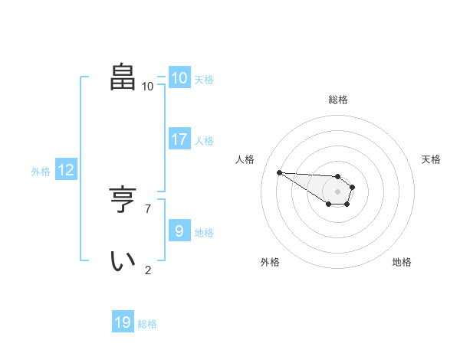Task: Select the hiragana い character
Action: pos(123,260)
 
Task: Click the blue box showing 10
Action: pos(179,78)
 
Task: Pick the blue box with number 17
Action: pos(179,139)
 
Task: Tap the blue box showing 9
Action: pos(179,231)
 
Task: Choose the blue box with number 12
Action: pos(66,170)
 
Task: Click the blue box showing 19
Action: pos(123,322)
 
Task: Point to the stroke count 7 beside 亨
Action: pos(148,208)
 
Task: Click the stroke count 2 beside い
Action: pos(148,270)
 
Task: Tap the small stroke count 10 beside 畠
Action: pos(147,86)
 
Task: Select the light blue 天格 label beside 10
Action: pos(204,80)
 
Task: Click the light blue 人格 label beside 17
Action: pos(204,141)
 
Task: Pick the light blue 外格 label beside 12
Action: pos(41,172)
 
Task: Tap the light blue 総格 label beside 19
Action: pos(147,324)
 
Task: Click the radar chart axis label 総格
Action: pos(338,100)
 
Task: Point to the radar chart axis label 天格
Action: pos(432,159)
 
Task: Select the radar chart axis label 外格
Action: pos(270,262)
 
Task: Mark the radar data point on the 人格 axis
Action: pos(279,172)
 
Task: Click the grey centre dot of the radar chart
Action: pos(338,191)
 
